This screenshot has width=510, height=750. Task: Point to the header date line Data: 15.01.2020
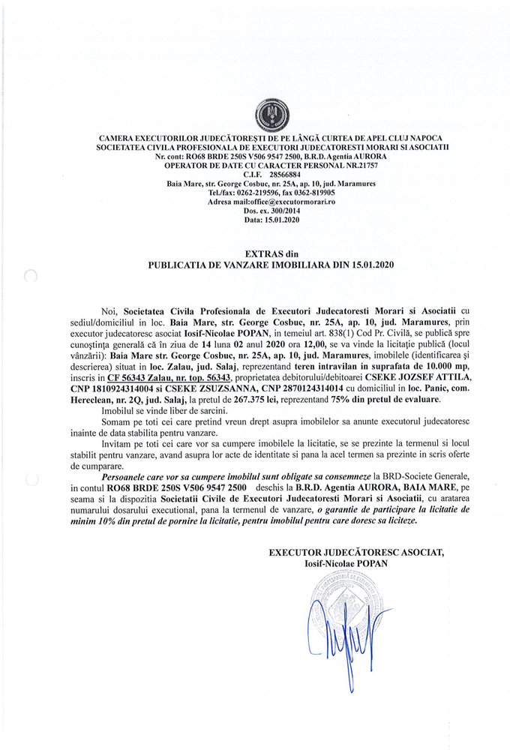coord(269,221)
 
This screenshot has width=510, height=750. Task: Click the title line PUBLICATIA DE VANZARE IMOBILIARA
coord(269,265)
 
